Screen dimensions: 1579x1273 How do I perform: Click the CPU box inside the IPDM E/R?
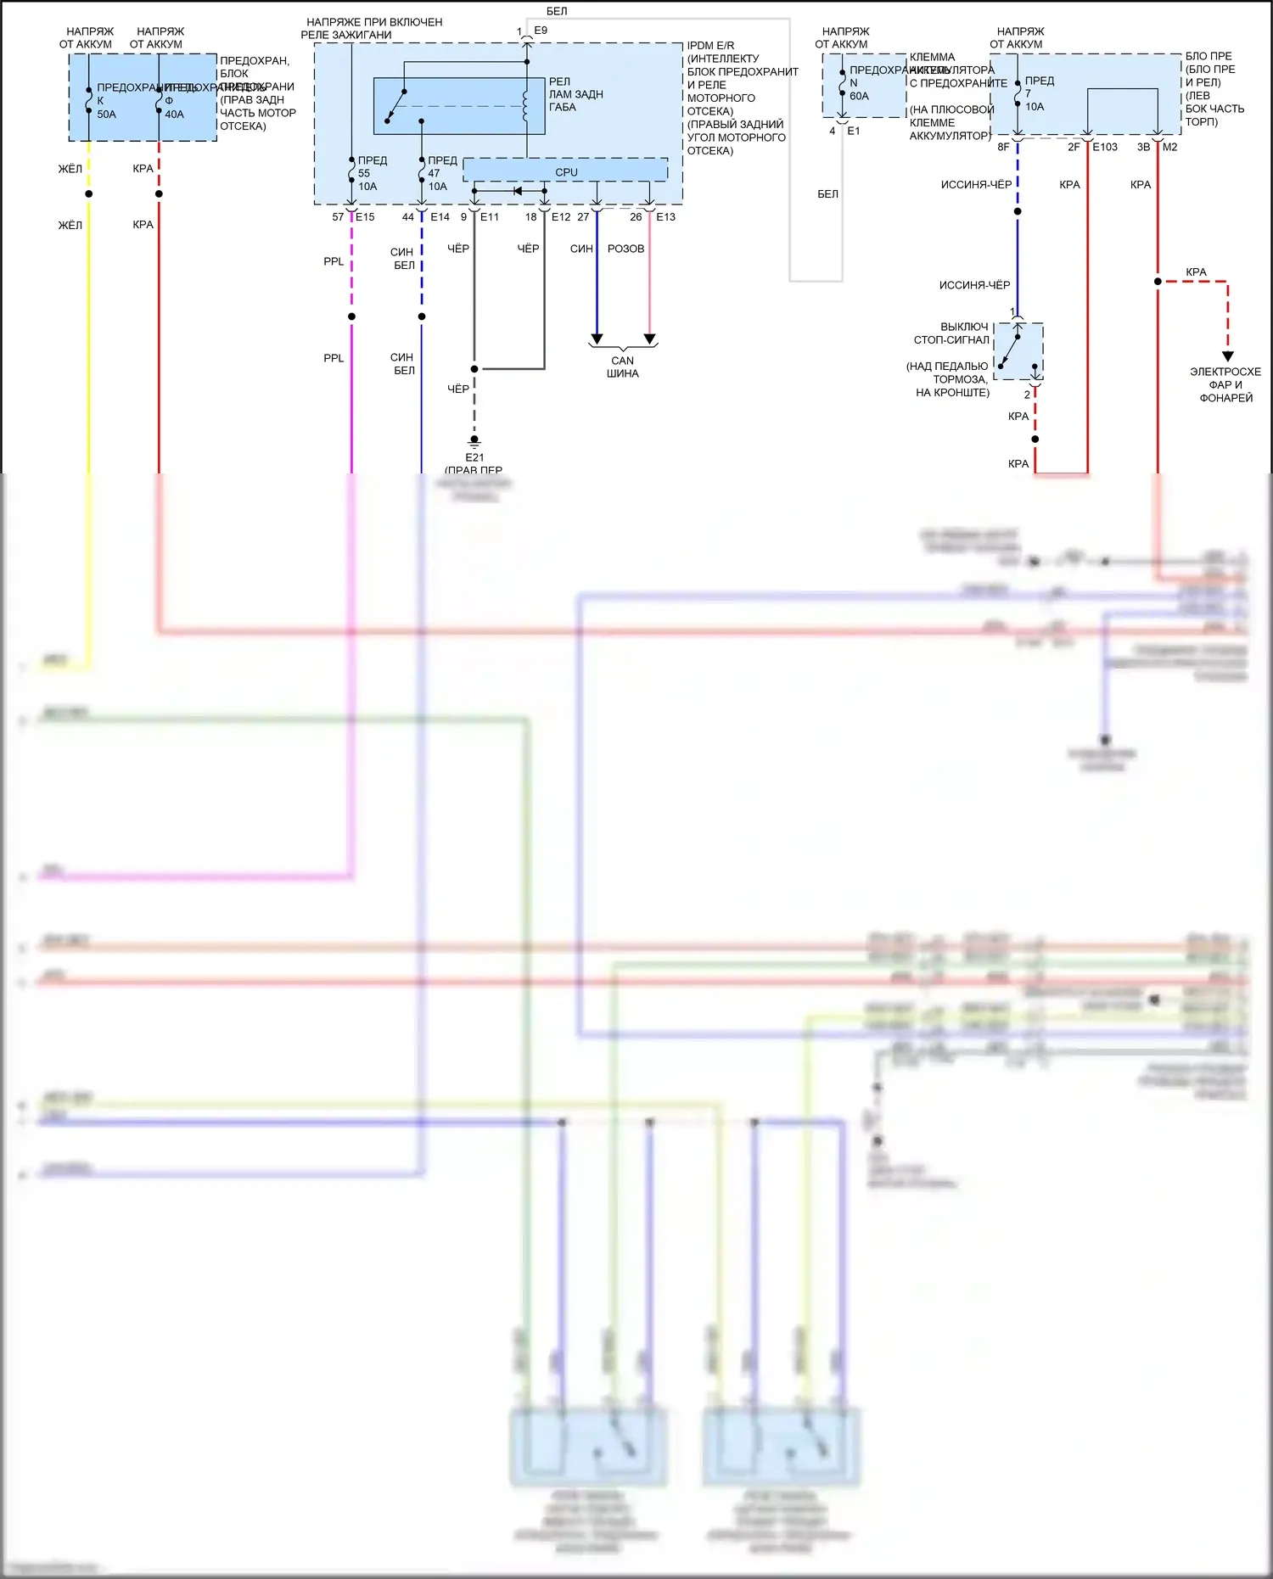click(x=566, y=171)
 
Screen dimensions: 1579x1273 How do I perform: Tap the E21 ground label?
click(x=474, y=457)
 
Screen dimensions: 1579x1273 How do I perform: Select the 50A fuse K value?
click(x=106, y=114)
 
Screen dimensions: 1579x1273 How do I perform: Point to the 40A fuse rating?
click(x=174, y=114)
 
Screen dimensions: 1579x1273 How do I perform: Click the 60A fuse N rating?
click(x=859, y=96)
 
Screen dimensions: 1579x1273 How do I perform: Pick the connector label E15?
click(x=365, y=217)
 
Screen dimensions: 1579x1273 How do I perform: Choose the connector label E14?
click(x=440, y=217)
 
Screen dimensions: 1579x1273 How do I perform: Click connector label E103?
click(x=1105, y=147)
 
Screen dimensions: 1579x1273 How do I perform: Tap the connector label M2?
click(x=1170, y=147)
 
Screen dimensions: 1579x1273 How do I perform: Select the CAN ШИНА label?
click(x=623, y=367)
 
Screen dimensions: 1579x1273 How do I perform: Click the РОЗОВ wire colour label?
click(x=625, y=249)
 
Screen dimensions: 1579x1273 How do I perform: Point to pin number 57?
click(x=338, y=217)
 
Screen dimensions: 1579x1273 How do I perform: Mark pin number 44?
click(x=408, y=217)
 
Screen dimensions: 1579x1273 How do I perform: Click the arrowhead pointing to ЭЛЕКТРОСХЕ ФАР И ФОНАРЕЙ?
click(x=1227, y=356)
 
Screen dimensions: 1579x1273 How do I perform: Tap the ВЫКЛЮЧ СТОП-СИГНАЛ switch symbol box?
click(x=1018, y=350)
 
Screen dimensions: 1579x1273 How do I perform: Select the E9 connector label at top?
click(x=541, y=31)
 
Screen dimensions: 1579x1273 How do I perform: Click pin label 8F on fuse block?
click(x=1003, y=147)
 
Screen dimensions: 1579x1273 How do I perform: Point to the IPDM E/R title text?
click(x=710, y=46)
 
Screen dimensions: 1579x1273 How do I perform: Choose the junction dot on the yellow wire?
click(x=88, y=194)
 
